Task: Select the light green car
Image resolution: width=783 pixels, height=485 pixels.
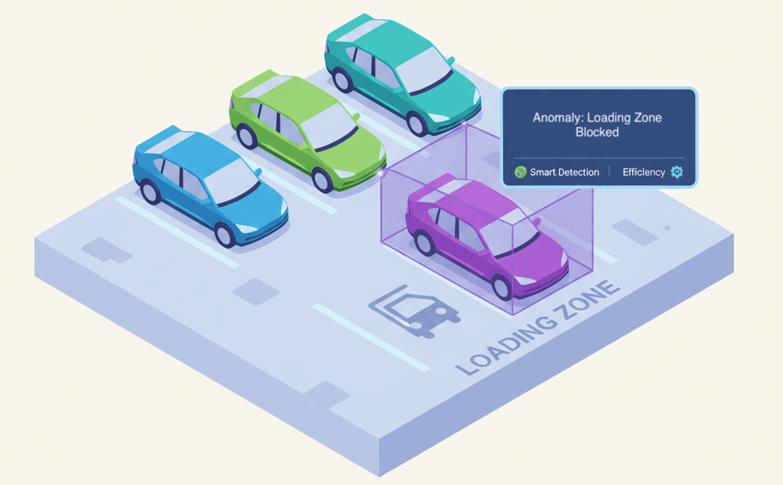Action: tap(306, 130)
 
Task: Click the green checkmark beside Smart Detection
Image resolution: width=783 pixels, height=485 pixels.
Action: tap(521, 172)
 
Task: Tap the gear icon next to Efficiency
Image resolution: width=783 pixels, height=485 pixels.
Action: tap(676, 172)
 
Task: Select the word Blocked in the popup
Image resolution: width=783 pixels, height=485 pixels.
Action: tap(597, 132)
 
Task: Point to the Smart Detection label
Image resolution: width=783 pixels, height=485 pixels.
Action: tap(564, 172)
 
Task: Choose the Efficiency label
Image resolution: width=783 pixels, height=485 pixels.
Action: tap(644, 172)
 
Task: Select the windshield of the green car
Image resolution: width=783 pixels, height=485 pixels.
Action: tap(329, 122)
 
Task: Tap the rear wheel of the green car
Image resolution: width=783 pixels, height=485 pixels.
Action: tap(247, 137)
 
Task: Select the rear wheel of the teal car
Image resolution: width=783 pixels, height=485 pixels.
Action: tap(340, 80)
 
